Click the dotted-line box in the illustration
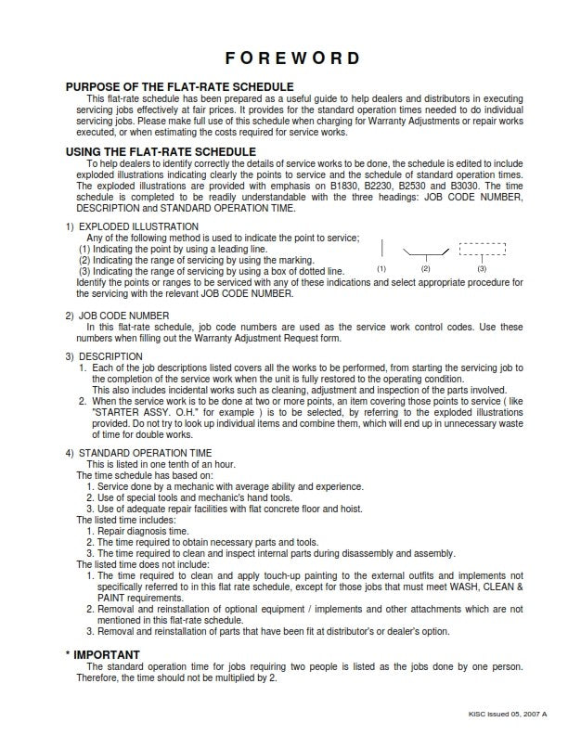tap(483, 249)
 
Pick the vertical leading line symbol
tap(381, 248)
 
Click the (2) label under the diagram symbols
tap(426, 268)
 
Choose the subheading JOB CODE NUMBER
tap(126, 316)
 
